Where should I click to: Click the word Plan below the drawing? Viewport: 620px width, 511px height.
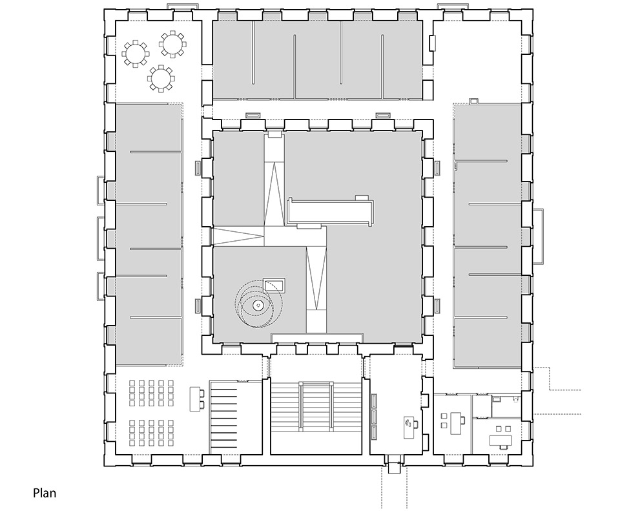(x=45, y=493)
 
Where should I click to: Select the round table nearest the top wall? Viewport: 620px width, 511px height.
(x=172, y=45)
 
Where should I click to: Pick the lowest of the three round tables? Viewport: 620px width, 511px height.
(x=161, y=78)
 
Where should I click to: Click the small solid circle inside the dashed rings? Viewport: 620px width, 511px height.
(x=258, y=305)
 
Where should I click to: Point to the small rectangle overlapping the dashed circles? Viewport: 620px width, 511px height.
(x=274, y=285)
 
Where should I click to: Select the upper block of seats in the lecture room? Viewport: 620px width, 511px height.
(x=151, y=393)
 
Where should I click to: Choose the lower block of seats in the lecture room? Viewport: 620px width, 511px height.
(x=151, y=433)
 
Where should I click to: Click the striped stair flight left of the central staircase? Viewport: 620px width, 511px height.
(x=224, y=418)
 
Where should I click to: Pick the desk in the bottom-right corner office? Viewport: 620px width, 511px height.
(x=501, y=440)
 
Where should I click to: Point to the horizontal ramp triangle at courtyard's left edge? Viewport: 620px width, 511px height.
(x=238, y=236)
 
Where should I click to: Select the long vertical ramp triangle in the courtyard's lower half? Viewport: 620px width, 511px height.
(x=316, y=278)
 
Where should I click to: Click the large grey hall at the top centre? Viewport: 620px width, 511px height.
(x=318, y=59)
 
